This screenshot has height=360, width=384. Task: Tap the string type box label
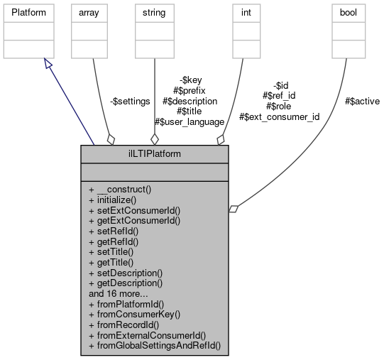[155, 13]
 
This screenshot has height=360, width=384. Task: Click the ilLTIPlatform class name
[154, 152]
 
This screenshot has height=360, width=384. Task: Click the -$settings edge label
[130, 102]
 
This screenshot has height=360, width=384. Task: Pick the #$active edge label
[362, 102]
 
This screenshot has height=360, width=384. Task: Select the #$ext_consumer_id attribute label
[279, 116]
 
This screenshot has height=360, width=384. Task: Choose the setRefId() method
[113, 231]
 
